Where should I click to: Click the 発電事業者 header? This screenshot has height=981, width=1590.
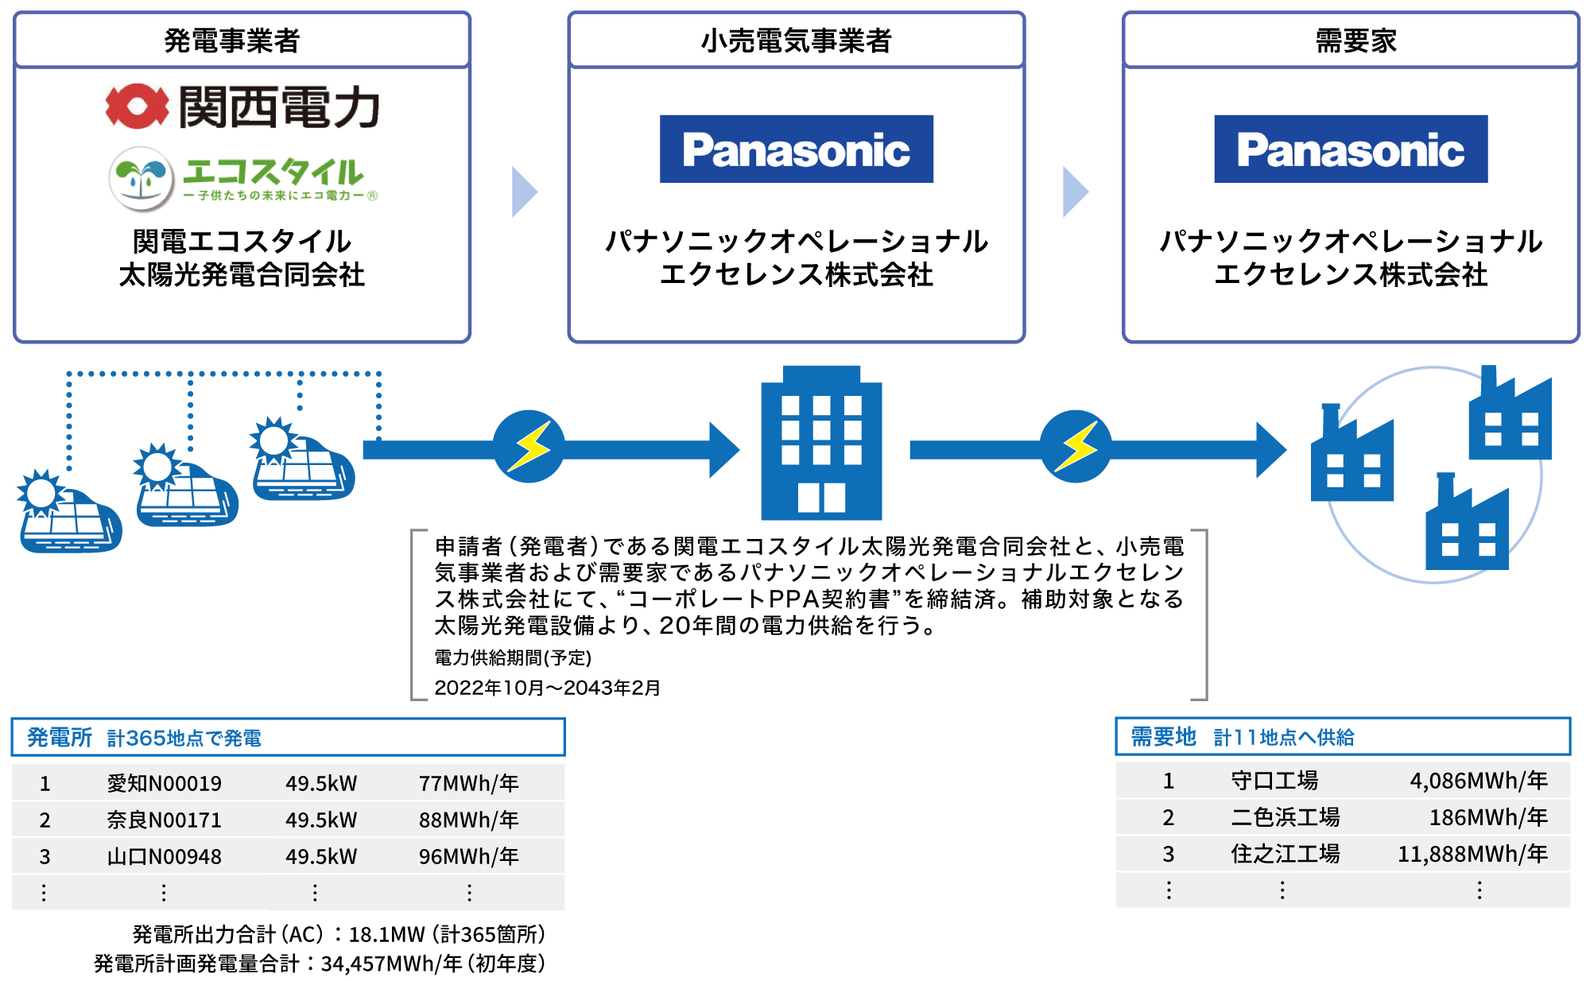coord(231,41)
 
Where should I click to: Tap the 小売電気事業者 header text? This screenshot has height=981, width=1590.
coord(796,41)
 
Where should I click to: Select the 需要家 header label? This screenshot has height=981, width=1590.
coord(1355,41)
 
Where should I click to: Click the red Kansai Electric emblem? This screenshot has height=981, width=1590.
coord(138,107)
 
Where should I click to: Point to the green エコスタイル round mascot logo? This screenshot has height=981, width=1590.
coord(142,178)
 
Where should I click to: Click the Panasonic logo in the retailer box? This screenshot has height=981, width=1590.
coord(796,149)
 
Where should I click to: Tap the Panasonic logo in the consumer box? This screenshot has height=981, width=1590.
coord(1351,149)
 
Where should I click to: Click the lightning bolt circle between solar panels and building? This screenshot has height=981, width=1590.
coord(529,447)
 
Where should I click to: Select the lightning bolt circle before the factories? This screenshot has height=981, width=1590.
coord(1076,447)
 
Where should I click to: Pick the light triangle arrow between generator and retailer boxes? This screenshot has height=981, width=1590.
coord(524,192)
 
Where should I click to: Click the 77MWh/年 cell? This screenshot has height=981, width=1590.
coord(468,784)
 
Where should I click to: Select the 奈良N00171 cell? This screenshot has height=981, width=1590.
coord(164,820)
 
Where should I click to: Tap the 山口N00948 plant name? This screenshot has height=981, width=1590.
coord(164,856)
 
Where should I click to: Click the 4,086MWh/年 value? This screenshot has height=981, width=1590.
coord(1478,781)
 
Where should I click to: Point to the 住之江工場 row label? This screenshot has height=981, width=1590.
coord(1285,854)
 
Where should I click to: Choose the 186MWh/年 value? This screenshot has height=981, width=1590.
coord(1487,817)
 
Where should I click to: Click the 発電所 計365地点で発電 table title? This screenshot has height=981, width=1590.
coord(144,738)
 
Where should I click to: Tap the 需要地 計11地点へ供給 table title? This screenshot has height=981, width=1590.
coord(1242,737)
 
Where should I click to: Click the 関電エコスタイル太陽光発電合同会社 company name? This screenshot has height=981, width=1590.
coord(242,258)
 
